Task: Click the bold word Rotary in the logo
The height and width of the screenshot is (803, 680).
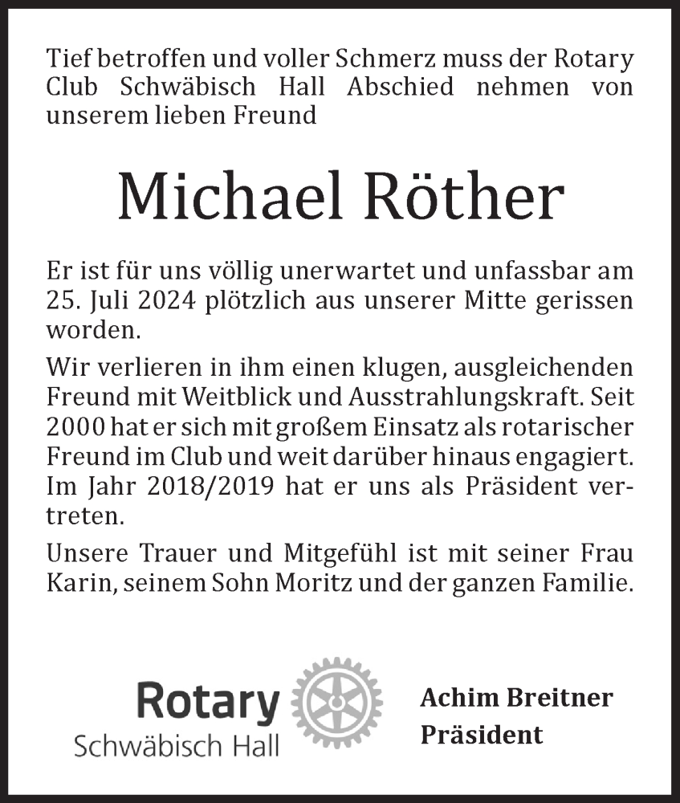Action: click(x=208, y=704)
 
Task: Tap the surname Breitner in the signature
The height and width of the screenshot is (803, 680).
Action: click(x=559, y=698)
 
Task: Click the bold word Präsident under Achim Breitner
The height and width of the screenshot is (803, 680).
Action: click(x=481, y=733)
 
